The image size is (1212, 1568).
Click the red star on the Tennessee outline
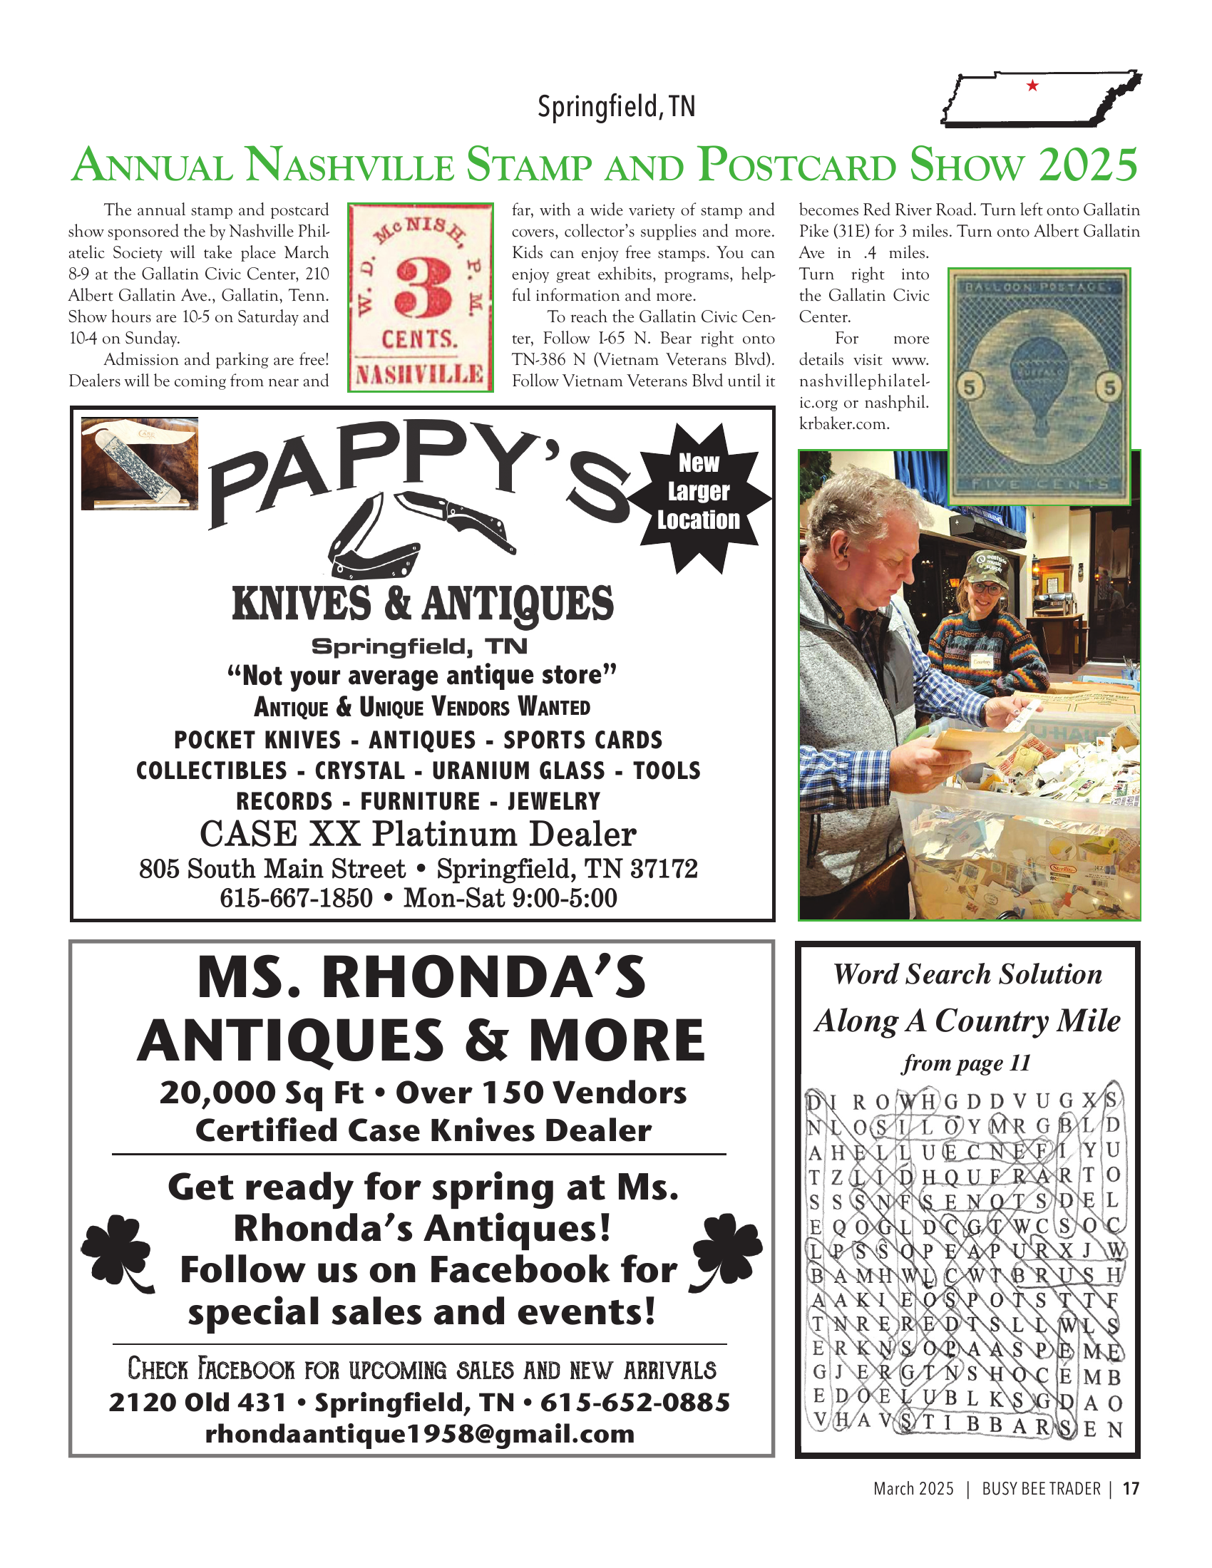(x=1032, y=86)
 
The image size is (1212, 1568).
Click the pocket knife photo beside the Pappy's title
(x=139, y=463)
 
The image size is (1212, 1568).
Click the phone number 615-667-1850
(x=296, y=898)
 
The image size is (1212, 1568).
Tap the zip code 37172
(x=664, y=869)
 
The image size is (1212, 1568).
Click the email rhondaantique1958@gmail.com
(x=420, y=1433)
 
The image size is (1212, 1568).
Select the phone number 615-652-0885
(x=635, y=1401)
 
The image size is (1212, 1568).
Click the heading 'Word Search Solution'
(x=967, y=974)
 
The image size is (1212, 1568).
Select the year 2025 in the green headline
(x=1087, y=165)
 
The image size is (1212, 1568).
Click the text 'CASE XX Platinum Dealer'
(x=418, y=835)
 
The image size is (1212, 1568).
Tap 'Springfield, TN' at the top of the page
(x=616, y=107)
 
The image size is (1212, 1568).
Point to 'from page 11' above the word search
(x=967, y=1063)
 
